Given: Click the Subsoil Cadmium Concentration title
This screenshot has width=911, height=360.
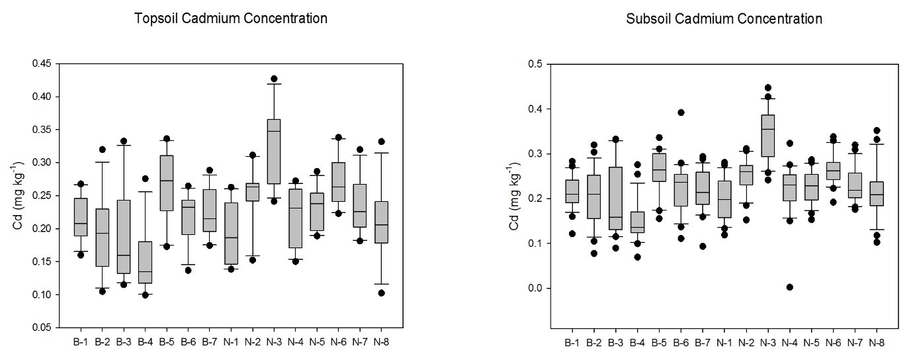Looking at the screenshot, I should [724, 19].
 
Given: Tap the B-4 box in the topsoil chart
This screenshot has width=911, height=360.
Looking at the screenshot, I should [145, 262].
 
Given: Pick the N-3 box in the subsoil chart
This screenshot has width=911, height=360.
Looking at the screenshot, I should [768, 135].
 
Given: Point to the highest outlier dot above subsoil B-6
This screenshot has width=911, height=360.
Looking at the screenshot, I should [680, 112].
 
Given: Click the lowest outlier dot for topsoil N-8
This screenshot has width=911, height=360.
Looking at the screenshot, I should [382, 292].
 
